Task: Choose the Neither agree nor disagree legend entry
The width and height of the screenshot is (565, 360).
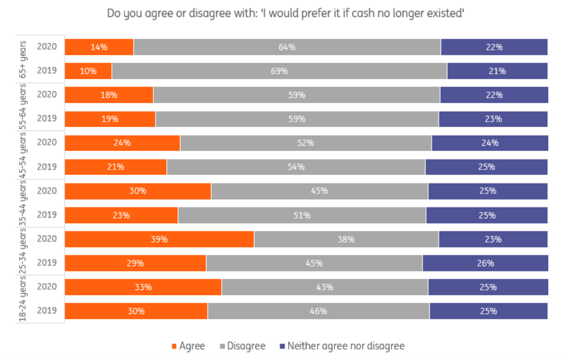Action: (341, 346)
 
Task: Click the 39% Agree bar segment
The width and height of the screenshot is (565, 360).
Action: (159, 239)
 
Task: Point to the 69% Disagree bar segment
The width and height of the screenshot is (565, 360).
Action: (279, 71)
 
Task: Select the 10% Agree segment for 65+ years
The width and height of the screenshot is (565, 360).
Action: (88, 71)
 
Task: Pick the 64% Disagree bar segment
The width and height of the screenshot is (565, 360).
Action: (287, 47)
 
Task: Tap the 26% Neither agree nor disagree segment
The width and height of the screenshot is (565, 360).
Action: (485, 263)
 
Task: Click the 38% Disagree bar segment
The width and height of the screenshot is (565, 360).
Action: (346, 239)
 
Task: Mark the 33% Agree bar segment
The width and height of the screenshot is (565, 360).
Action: (143, 287)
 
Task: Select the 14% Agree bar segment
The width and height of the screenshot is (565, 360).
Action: (99, 47)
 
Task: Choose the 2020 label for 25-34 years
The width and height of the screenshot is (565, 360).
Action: (47, 239)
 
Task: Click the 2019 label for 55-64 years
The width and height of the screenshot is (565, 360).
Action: (47, 119)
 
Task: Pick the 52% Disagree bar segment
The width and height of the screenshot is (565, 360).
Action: (306, 143)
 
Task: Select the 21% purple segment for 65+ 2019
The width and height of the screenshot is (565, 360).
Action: (497, 71)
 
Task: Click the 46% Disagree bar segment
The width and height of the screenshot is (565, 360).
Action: (319, 311)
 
